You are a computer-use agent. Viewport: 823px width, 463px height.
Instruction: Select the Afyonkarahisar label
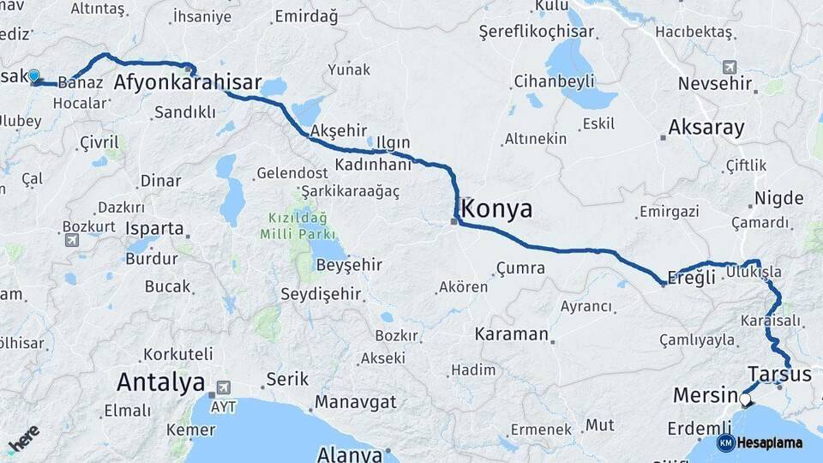[188, 83]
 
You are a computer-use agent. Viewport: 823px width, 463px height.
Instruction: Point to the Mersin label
[705, 396]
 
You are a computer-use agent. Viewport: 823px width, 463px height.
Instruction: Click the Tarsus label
[779, 374]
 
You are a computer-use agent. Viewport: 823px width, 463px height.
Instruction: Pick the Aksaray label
[706, 128]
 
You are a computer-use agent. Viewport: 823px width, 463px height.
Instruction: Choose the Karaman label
[511, 334]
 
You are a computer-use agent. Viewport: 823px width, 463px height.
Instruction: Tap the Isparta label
[154, 229]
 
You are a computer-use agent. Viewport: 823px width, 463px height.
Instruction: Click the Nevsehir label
[715, 84]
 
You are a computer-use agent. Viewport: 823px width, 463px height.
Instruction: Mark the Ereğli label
[691, 278]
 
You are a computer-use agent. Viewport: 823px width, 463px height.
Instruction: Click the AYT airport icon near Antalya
[224, 388]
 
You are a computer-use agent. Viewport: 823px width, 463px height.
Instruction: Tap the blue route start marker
[33, 76]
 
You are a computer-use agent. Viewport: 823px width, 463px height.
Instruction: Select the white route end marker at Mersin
[744, 399]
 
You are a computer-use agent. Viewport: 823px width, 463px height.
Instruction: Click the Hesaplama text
[769, 442]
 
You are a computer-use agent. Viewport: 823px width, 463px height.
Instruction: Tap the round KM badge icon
[725, 442]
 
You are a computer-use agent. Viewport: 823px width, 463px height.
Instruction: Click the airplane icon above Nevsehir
[730, 66]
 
